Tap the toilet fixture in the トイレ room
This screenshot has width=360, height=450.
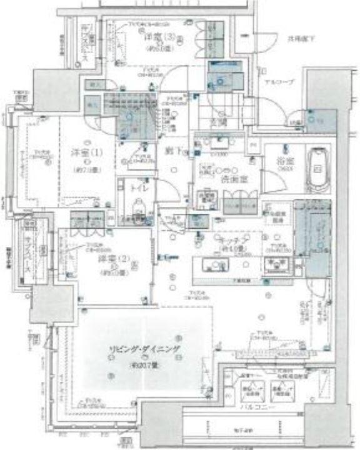click(x=136, y=207)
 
